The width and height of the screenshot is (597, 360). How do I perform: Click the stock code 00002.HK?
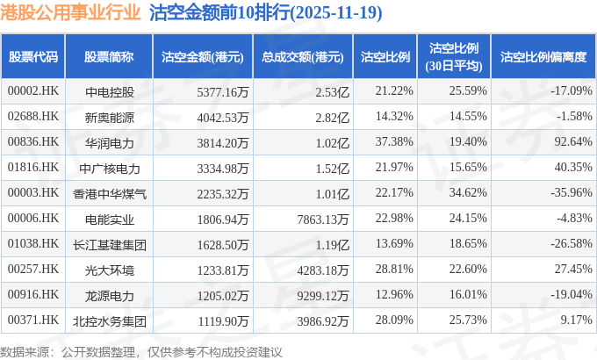(32, 90)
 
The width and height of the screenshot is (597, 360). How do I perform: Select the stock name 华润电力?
(110, 141)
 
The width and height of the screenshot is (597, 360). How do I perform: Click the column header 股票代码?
(32, 56)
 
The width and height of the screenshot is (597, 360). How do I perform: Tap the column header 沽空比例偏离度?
(543, 56)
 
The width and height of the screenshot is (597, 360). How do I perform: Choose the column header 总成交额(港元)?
(301, 56)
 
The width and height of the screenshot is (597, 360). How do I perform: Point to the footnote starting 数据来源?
(141, 351)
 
